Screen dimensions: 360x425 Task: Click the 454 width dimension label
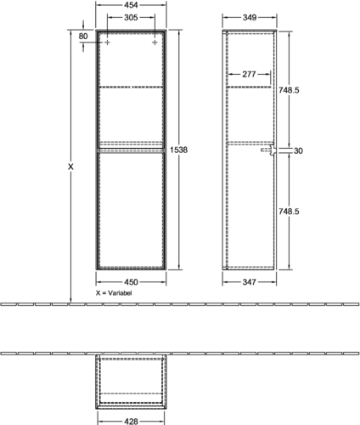point(131,5)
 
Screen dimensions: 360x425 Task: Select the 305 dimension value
point(131,18)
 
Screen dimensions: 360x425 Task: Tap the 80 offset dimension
point(83,37)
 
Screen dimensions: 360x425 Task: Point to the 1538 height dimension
point(178,150)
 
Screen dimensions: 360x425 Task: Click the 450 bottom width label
point(131,282)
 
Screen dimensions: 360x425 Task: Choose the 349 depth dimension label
point(250,18)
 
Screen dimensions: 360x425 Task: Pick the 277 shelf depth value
point(249,75)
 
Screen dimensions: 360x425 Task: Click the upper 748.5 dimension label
point(289,90)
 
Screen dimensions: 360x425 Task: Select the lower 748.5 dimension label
point(289,212)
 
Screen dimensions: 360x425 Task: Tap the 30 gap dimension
point(298,151)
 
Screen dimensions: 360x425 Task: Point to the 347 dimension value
point(249,282)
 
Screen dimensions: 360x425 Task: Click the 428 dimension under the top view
point(131,422)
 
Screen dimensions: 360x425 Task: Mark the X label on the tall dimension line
point(70,167)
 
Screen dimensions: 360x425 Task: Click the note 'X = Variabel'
point(114,293)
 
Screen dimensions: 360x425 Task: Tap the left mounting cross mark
point(107,42)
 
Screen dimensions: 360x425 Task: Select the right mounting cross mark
point(155,42)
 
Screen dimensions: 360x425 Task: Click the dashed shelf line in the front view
point(131,87)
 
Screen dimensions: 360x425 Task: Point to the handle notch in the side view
point(268,150)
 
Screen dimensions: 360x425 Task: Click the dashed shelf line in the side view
point(249,87)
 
